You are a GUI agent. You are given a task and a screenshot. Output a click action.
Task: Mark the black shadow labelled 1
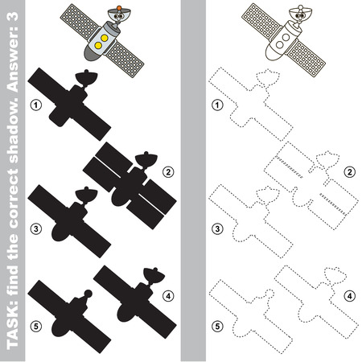(68, 101)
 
